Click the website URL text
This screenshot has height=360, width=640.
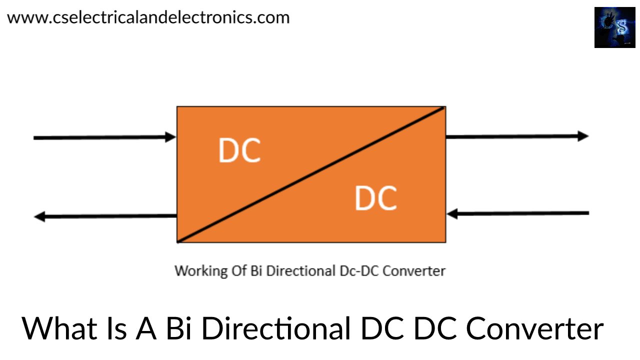(148, 17)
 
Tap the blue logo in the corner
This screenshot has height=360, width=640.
(614, 27)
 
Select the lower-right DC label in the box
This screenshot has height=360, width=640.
(376, 197)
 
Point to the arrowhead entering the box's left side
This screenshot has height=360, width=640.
(171, 136)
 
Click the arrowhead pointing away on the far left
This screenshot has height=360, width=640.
(39, 216)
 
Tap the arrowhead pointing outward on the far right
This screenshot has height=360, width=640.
(583, 135)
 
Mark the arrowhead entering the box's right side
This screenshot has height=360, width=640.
(452, 214)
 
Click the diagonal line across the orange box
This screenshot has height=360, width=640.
(311, 174)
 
